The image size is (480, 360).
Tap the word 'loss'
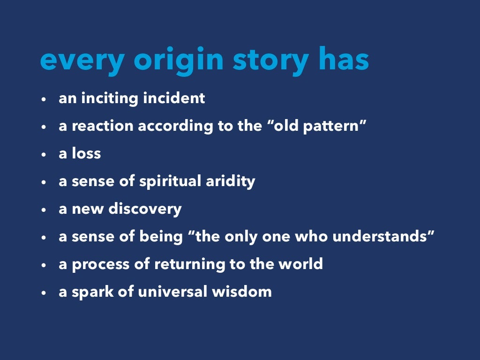coord(86,153)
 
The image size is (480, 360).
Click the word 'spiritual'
coord(171,181)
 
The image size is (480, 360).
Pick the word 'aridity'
coord(231,181)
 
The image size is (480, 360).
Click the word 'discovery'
coord(145,209)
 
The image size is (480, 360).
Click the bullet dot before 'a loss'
coord(43,154)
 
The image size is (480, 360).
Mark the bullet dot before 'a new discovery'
coord(43,210)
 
